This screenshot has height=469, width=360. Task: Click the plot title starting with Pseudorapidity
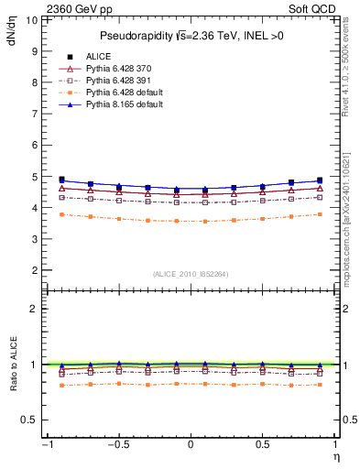[190, 36]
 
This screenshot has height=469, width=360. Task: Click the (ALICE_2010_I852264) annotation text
[191, 274]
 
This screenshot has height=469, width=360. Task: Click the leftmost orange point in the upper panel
[61, 214]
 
